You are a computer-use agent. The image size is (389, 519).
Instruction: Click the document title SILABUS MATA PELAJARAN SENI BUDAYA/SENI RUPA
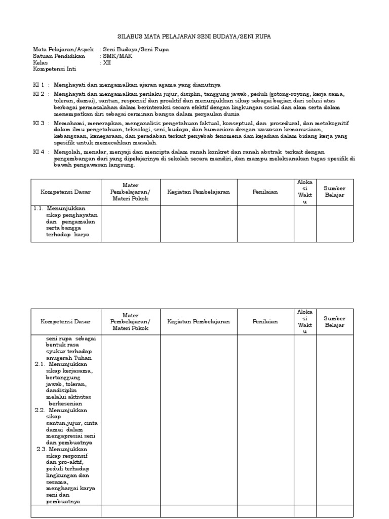pos(194,37)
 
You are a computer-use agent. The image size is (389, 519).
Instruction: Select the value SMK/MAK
pos(118,56)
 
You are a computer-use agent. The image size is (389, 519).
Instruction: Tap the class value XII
pos(107,63)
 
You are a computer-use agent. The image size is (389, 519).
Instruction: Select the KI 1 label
pos(39,84)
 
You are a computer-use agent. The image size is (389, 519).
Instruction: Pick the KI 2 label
pos(39,94)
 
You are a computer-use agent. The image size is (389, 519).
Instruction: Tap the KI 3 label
pos(39,123)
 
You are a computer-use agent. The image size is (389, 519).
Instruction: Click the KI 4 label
pos(39,152)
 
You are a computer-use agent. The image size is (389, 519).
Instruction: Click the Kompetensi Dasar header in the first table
pos(66,192)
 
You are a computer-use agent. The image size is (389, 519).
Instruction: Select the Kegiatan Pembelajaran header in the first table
pos(199,192)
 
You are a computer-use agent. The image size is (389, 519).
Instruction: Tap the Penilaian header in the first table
pos(265,192)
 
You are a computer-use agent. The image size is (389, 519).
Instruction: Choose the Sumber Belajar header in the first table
pos(335,192)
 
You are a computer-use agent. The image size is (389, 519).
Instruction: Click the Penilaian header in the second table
pos(265,322)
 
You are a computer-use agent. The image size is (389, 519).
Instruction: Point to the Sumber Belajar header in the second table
pos(335,322)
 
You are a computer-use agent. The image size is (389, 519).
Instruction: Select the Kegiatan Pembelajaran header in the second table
pos(199,322)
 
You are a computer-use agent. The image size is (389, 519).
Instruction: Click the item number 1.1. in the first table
pos(39,208)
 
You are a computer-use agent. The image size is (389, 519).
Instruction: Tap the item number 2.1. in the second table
pos(40,364)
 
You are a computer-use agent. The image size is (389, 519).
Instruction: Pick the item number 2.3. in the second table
pos(42,449)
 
